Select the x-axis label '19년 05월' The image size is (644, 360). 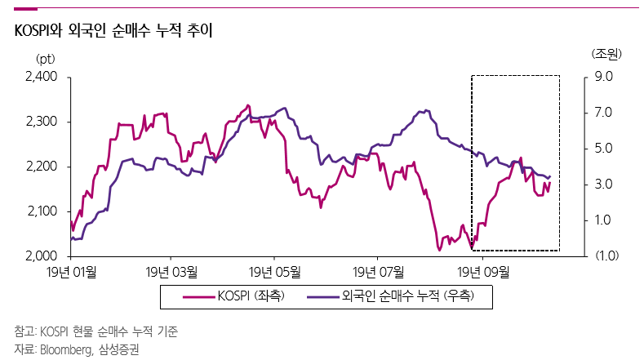276,271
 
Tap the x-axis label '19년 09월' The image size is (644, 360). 482,271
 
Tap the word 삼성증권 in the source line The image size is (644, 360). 122,349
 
